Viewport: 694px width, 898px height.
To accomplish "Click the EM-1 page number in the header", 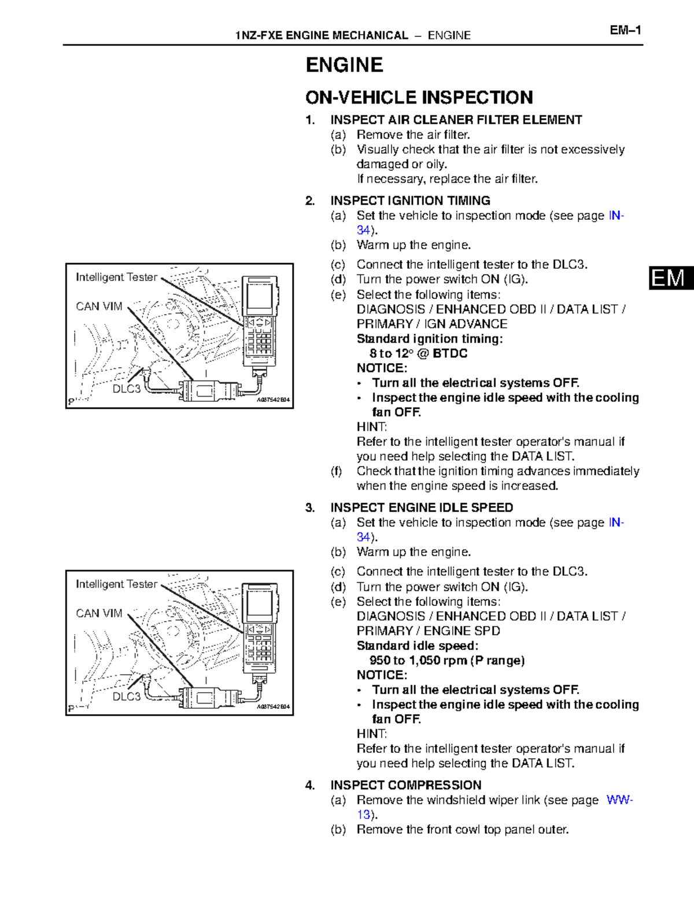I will tap(625, 30).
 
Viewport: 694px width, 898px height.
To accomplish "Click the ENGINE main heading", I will tap(344, 65).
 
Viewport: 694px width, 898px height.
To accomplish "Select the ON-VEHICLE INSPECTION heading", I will tap(419, 97).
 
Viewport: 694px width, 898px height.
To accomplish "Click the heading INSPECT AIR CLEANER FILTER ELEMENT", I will tap(456, 120).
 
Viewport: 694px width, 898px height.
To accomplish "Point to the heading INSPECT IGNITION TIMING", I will tap(410, 201).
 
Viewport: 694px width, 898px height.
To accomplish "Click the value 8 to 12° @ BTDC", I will tap(418, 353).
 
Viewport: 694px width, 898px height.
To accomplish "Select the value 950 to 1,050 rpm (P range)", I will tap(446, 660).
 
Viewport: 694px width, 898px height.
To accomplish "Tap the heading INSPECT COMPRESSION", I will tap(405, 785).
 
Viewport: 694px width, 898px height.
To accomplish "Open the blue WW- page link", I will tap(619, 800).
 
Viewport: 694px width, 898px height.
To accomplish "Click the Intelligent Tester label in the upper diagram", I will tap(116, 278).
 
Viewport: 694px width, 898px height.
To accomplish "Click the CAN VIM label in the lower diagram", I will tap(99, 614).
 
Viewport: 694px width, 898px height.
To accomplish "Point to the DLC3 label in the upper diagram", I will tap(126, 389).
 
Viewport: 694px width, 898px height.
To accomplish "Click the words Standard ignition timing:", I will tap(429, 339).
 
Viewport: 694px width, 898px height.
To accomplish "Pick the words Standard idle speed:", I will tap(417, 645).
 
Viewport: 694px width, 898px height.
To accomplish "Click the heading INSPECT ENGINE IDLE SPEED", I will tap(421, 508).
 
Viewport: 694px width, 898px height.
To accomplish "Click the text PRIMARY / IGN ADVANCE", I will tap(431, 324).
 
